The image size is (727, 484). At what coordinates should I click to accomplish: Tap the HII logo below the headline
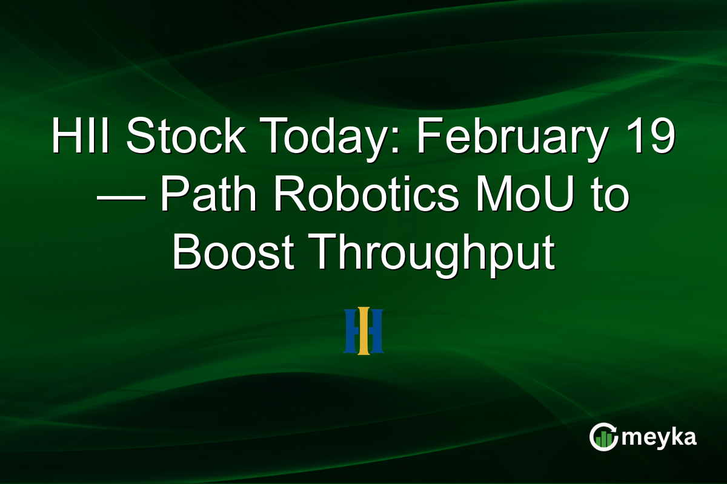pos(363,331)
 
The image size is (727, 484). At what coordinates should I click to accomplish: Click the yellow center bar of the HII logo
pos(363,331)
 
